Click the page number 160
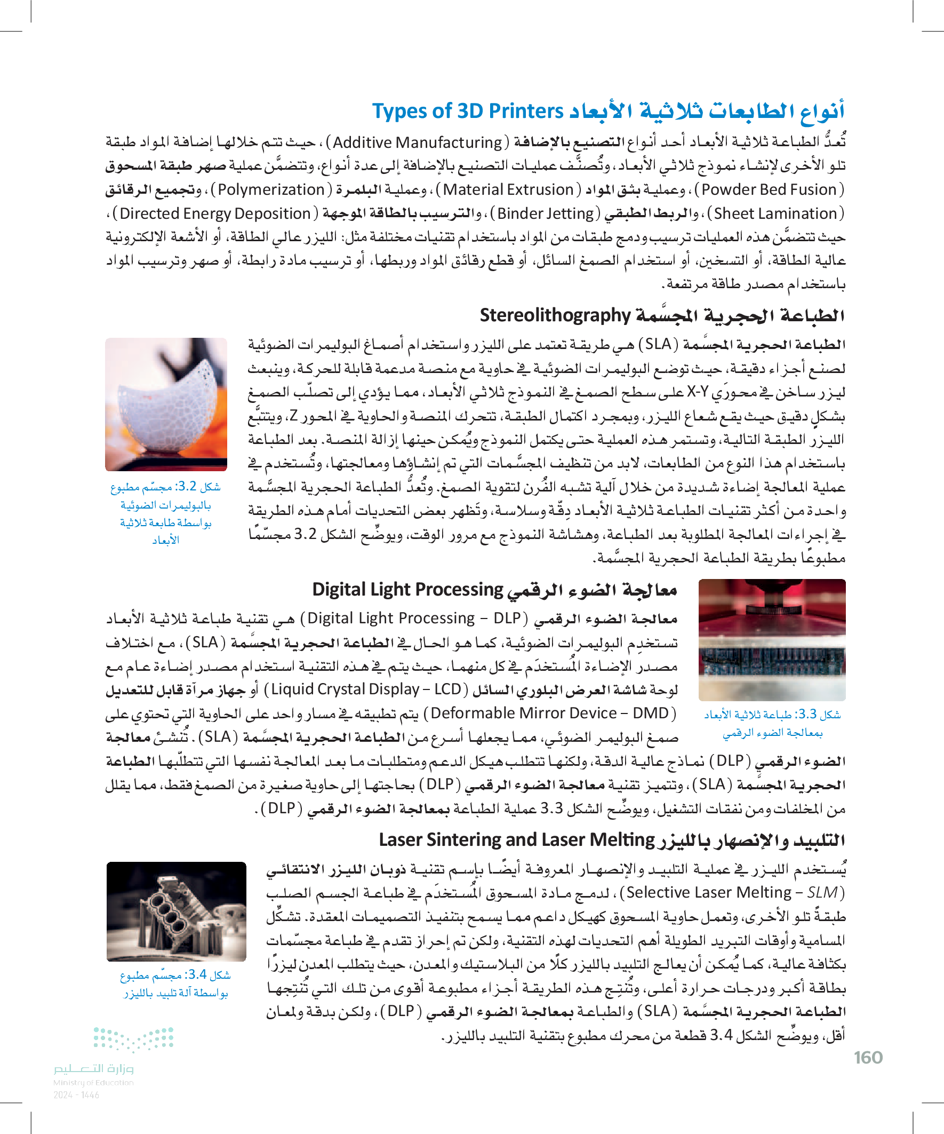(868, 1057)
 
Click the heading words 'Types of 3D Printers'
(467, 111)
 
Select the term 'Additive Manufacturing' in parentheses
(417, 142)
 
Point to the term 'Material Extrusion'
(508, 189)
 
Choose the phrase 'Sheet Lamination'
(775, 213)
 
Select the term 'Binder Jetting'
(545, 213)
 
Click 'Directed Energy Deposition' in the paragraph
(215, 213)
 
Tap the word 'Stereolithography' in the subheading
(555, 315)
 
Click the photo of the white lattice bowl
(166, 404)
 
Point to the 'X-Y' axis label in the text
(698, 392)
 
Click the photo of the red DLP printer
(771, 640)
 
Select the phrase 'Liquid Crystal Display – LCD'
(366, 689)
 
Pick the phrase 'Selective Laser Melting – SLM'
(732, 892)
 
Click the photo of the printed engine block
(176, 911)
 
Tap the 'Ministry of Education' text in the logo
(93, 1082)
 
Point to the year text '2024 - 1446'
(76, 1095)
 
